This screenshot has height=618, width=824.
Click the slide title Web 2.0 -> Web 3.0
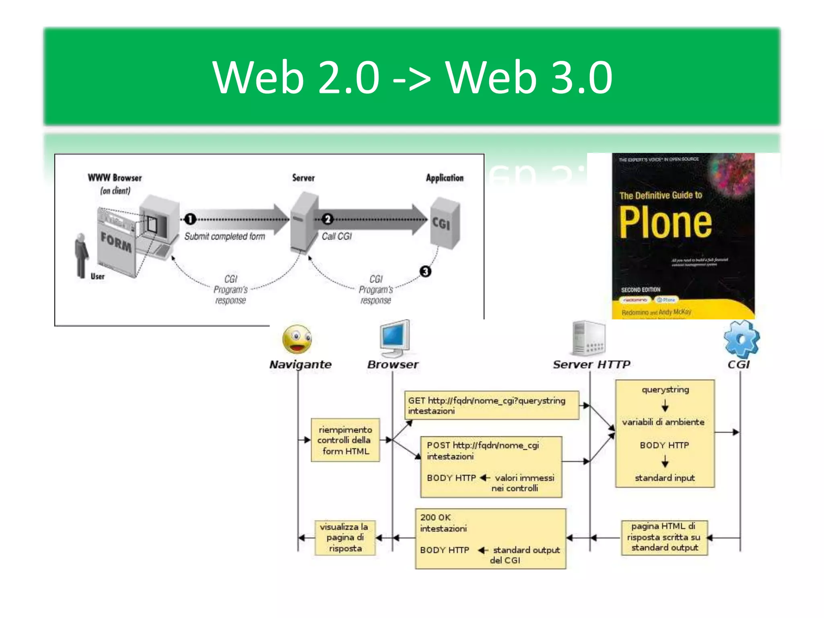[412, 77]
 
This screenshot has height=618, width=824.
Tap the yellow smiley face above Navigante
[297, 339]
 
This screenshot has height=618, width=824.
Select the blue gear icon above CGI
[742, 339]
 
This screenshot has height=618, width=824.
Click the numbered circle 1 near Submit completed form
[190, 219]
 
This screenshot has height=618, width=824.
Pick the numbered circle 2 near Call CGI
[328, 219]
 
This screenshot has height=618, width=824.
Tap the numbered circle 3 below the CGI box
[425, 272]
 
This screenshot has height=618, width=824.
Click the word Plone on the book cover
[665, 222]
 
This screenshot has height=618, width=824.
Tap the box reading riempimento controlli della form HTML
[345, 440]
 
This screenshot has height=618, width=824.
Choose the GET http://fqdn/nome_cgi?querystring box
[491, 406]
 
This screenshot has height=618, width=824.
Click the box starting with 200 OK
[490, 538]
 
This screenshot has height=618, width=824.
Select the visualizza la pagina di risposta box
[345, 538]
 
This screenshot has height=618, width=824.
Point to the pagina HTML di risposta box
[664, 537]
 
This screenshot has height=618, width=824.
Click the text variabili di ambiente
[663, 422]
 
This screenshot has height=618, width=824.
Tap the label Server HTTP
[591, 365]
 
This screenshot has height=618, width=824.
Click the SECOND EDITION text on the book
[641, 290]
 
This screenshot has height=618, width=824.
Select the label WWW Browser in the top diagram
[115, 178]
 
